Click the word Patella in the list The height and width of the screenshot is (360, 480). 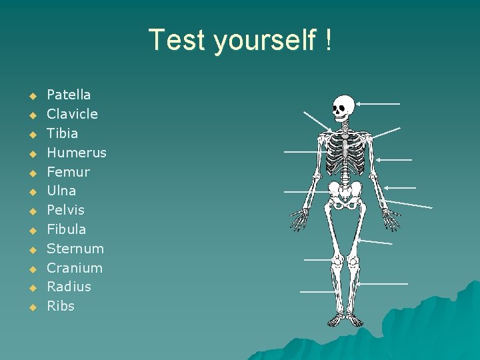(x=69, y=95)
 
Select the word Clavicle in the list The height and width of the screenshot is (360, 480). (x=72, y=114)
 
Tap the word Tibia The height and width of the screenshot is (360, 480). (x=62, y=133)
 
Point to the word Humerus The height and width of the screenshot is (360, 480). (x=76, y=153)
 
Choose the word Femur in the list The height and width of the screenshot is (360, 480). (x=68, y=172)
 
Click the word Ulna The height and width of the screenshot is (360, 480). (x=61, y=191)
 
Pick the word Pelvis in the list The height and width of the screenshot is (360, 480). (x=65, y=210)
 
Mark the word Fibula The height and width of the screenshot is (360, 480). (x=66, y=229)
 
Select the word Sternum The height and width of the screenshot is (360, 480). (x=75, y=249)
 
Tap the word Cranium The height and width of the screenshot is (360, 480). (x=75, y=268)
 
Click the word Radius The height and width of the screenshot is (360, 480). (x=69, y=287)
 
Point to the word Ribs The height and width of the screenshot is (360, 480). (x=61, y=306)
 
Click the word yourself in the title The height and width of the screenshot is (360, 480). (x=265, y=41)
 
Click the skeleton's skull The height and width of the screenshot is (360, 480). (x=343, y=107)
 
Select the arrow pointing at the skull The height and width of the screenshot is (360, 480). (x=377, y=103)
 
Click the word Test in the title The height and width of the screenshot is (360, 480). (x=177, y=40)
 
